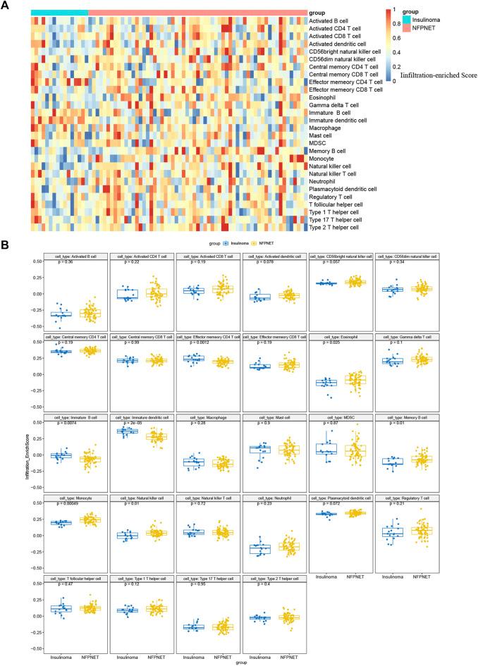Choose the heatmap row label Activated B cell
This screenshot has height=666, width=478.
333,21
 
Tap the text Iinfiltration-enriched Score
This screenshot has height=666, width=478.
439,75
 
